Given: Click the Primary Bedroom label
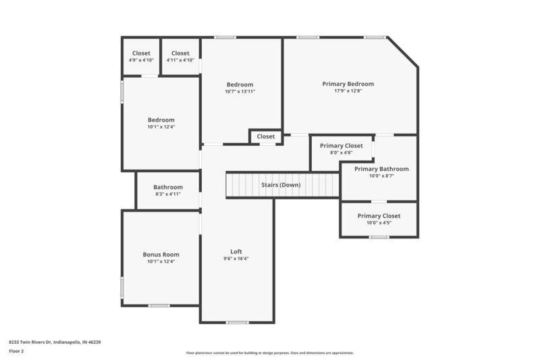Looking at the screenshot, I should click(348, 84).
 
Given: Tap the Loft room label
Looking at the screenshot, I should click(236, 251).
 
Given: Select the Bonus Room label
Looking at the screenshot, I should click(161, 255).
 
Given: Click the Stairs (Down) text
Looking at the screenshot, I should click(281, 184).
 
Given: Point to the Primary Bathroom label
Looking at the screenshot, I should click(381, 169).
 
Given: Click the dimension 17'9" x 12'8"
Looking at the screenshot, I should click(348, 91).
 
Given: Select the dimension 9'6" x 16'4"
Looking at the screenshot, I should click(236, 259).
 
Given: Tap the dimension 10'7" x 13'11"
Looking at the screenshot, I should click(240, 91).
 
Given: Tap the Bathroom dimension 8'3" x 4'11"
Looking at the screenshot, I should click(167, 195).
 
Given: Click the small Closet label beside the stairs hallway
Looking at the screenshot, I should click(266, 136).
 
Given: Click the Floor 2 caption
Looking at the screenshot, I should click(17, 351).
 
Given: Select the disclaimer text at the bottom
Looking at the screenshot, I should click(269, 353).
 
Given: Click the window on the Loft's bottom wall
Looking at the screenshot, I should click(237, 322).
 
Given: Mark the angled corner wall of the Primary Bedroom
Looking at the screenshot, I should click(403, 52).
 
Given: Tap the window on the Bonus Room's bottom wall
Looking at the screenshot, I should click(159, 306).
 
